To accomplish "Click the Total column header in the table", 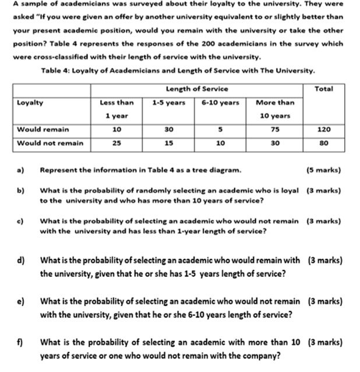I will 323,89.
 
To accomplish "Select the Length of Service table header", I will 197,89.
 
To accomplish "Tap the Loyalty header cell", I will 30,102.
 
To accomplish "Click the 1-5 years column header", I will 169,102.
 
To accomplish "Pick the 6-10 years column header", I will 220,102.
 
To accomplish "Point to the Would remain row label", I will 43,129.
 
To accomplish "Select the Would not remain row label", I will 50,143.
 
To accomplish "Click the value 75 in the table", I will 275,129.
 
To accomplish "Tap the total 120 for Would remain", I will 324,129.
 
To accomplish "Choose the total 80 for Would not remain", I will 324,143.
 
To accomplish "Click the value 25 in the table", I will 117,143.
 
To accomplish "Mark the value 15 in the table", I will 168,143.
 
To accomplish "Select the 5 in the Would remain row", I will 220,129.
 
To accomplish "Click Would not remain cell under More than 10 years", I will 275,143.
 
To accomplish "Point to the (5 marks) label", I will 323,170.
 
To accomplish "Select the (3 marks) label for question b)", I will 323,191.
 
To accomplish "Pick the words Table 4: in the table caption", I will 56,71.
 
